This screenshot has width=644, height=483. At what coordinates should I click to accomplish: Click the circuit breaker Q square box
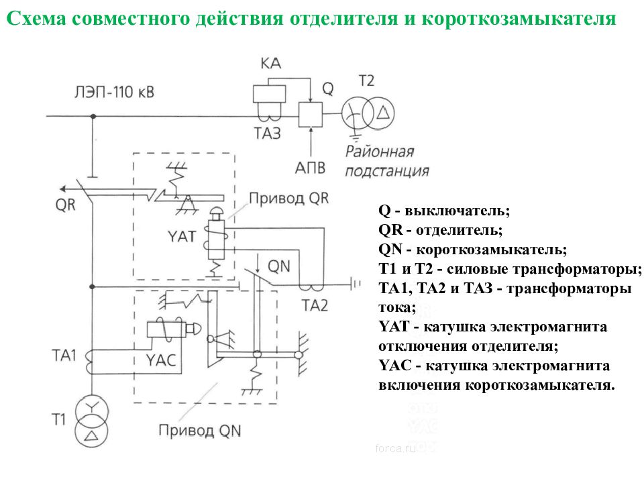coord(311,114)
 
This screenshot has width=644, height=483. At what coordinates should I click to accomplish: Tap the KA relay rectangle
coord(269,94)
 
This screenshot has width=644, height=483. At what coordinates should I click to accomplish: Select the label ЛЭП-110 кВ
coord(114,92)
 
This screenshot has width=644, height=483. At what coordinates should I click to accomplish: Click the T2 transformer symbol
coord(368,113)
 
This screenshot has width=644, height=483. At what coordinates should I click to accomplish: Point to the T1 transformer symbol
coord(92,422)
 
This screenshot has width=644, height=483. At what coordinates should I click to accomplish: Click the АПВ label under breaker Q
coord(310,168)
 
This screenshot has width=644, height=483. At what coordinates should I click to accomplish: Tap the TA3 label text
coord(268,133)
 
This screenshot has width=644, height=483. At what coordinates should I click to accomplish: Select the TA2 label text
coord(315,306)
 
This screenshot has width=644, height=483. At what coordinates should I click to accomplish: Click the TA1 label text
coord(64,356)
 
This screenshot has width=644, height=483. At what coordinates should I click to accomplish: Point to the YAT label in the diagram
coord(182,236)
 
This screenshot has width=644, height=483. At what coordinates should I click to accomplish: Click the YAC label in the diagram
coord(161,360)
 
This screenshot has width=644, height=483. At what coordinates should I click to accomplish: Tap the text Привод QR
coord(289,199)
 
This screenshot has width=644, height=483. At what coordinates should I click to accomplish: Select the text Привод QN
coord(200,431)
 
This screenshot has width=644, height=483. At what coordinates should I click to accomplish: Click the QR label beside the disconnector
coord(66,204)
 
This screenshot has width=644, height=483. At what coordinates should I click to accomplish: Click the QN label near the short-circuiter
coord(279,266)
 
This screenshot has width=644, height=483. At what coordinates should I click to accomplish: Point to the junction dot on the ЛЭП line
coord(93,116)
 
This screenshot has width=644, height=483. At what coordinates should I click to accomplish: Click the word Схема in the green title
coord(36,19)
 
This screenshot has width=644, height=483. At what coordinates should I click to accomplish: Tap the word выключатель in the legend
coord(457,211)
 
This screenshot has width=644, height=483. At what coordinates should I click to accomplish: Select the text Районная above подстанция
coord(380,151)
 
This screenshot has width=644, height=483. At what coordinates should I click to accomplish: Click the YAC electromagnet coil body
coord(166,329)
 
